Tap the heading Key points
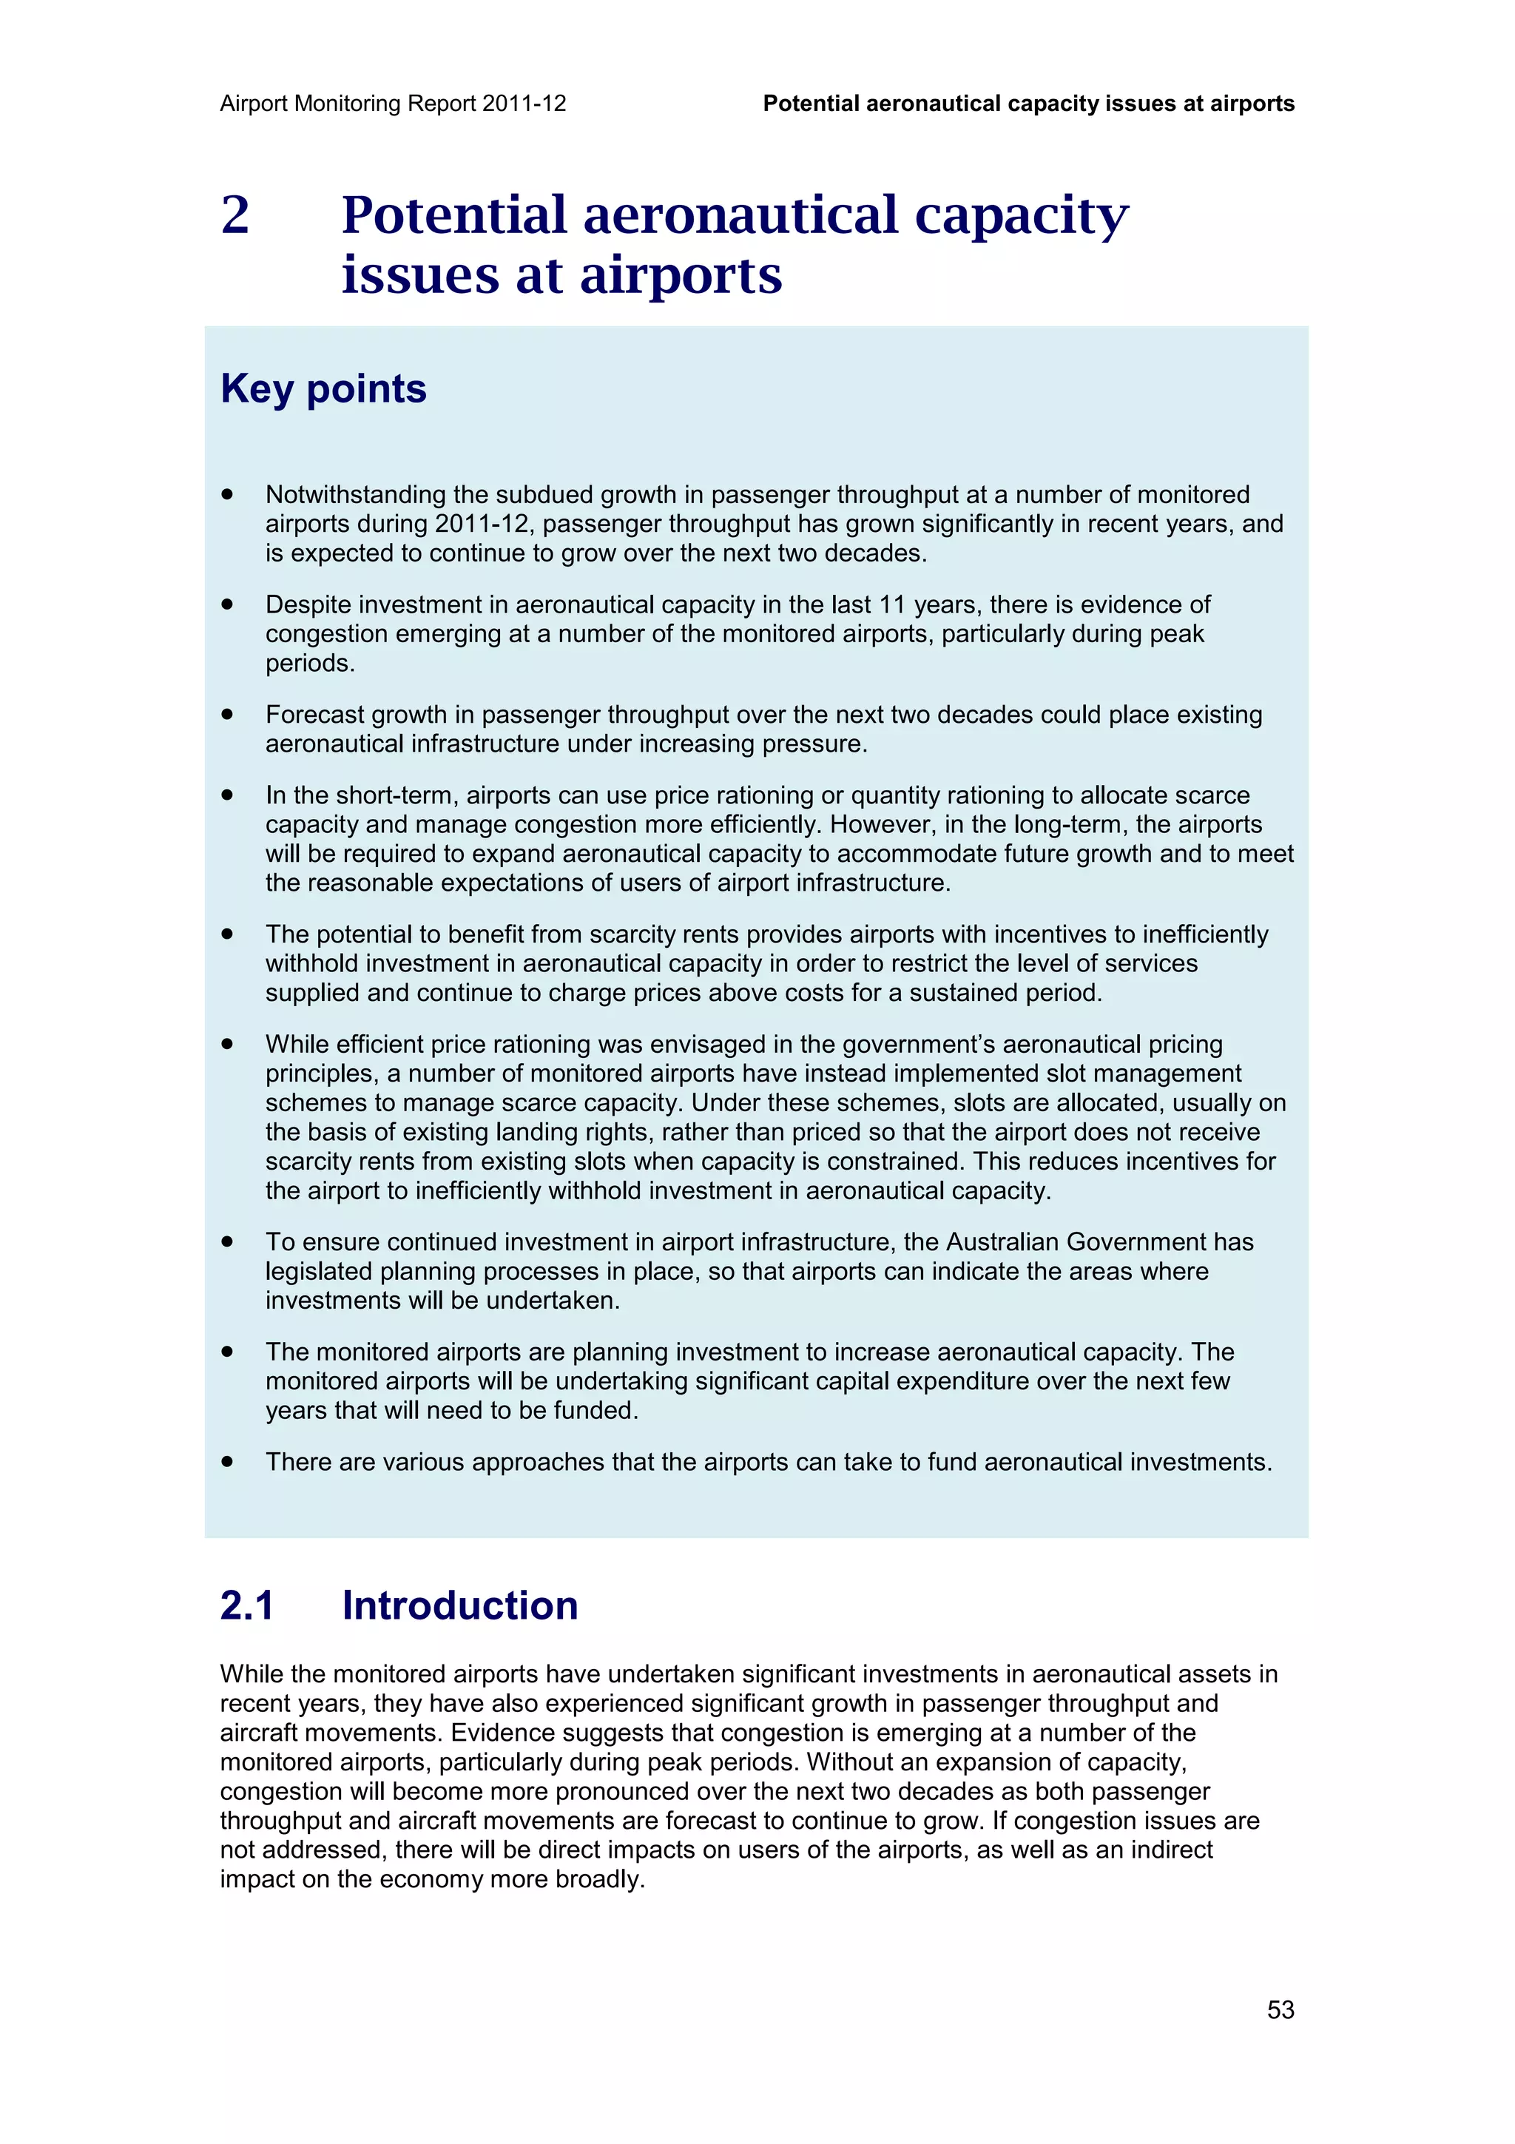(x=323, y=388)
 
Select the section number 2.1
(x=247, y=1605)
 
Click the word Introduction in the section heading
(x=459, y=1605)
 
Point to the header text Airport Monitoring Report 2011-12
(x=393, y=104)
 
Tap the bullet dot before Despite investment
(x=227, y=605)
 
